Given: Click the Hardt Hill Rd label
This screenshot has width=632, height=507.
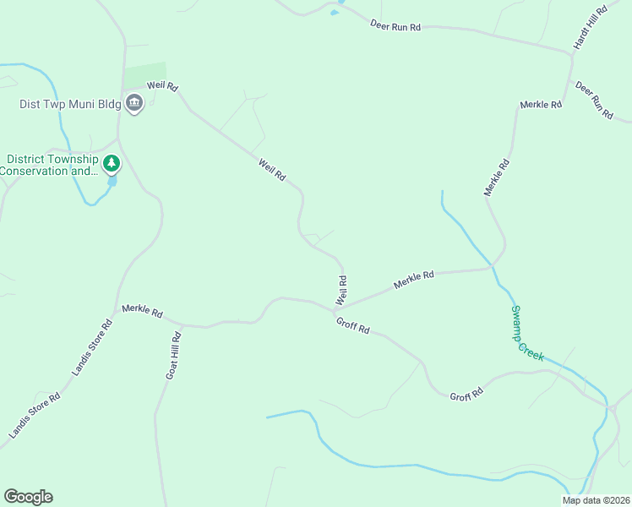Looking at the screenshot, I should click(591, 27).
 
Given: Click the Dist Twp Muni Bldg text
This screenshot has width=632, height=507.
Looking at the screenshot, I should click(71, 105).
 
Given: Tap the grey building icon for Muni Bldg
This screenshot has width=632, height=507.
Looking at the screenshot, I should click(133, 104).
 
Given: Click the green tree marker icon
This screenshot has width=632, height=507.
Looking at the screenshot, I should click(112, 162).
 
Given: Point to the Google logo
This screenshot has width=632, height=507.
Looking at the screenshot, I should click(28, 497).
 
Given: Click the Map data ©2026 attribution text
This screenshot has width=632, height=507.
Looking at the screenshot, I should click(596, 500).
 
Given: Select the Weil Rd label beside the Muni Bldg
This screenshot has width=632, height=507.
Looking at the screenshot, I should click(162, 86).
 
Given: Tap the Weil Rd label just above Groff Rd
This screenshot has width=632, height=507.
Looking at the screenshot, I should click(341, 290).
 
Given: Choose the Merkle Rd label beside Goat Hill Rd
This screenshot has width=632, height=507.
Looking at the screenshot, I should click(142, 311).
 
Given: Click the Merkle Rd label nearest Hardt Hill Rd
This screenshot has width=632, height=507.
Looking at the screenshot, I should click(541, 105).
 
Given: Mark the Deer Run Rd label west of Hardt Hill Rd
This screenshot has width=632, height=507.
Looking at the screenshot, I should click(395, 26).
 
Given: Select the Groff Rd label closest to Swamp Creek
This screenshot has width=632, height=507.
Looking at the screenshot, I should click(466, 395).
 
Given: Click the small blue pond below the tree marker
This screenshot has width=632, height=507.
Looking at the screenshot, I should click(112, 181).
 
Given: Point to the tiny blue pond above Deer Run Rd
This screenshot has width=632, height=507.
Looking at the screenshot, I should click(335, 13).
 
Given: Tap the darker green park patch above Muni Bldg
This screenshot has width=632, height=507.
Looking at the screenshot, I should click(145, 75).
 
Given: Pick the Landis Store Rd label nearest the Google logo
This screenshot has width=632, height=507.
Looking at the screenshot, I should click(35, 415).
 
